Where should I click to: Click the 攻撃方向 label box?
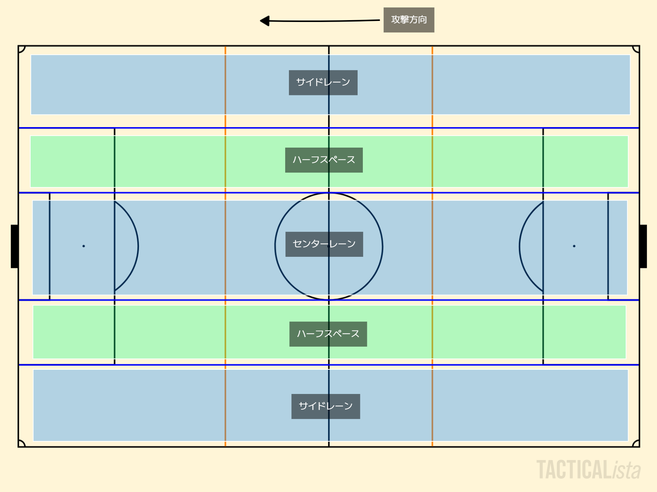click(x=409, y=20)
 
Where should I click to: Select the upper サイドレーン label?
click(x=323, y=82)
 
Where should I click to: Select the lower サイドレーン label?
click(x=326, y=406)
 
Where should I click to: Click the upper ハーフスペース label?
click(x=324, y=160)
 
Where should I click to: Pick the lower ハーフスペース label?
click(x=328, y=334)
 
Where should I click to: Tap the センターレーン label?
click(x=324, y=244)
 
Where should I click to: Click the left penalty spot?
click(x=84, y=246)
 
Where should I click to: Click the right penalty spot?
click(x=574, y=246)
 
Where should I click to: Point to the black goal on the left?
click(x=15, y=246)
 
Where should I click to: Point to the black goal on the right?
click(x=643, y=246)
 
